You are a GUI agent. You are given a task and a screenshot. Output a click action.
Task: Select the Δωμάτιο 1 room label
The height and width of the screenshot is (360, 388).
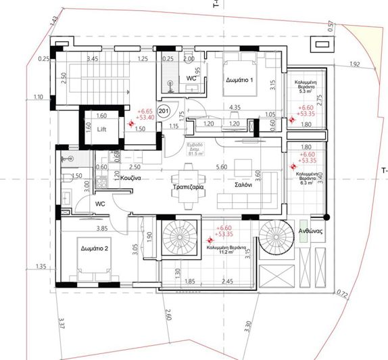click(x=238, y=81)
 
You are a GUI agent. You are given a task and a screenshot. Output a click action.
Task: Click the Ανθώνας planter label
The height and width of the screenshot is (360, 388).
click(x=314, y=230)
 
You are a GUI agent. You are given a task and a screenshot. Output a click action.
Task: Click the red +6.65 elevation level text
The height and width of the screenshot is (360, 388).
click(x=145, y=111)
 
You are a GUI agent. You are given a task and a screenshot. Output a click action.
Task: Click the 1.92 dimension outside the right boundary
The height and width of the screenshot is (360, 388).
click(x=356, y=64)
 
